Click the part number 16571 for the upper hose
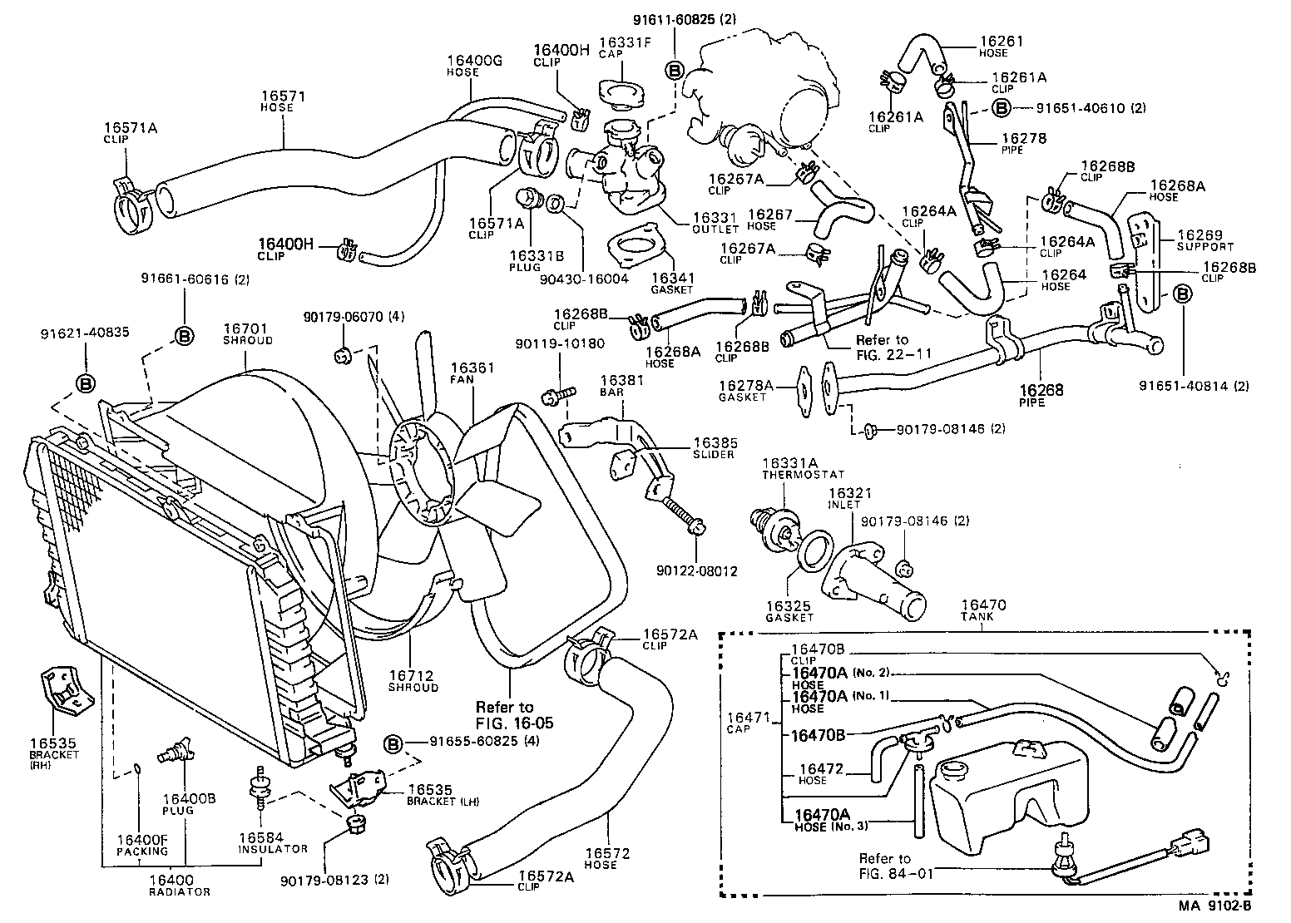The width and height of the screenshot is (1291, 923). (x=283, y=96)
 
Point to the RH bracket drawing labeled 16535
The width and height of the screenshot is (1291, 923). (x=63, y=689)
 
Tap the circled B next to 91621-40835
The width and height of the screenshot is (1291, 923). (x=85, y=383)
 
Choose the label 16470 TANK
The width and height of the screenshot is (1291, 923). (x=983, y=610)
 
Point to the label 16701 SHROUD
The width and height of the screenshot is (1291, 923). (x=247, y=334)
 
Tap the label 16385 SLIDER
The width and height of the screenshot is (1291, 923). (x=714, y=448)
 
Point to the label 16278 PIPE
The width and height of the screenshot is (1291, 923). (x=1023, y=143)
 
